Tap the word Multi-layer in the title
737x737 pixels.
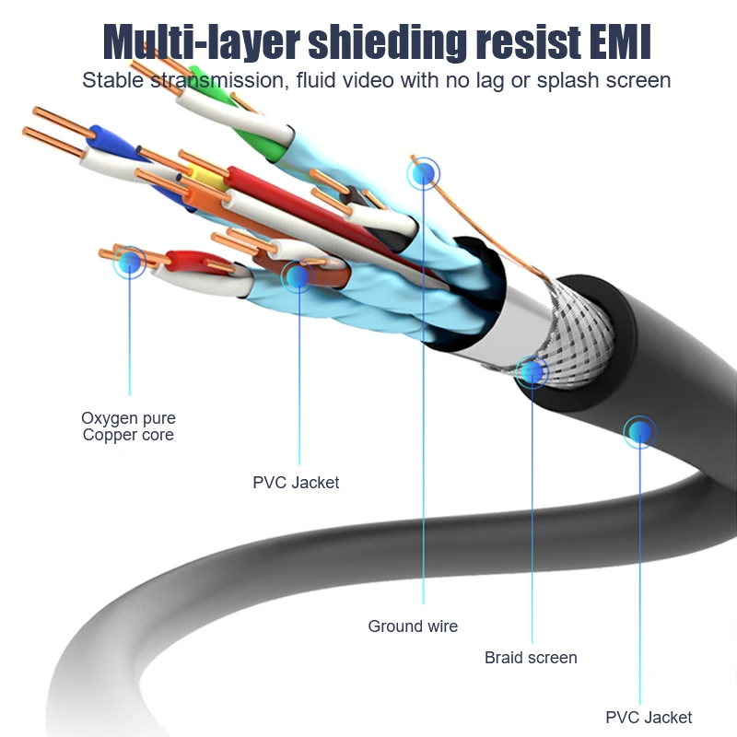[x=201, y=43]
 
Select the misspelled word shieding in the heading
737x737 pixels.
[x=388, y=43]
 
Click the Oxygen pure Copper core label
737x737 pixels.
[x=128, y=427]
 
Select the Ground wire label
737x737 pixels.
[x=413, y=626]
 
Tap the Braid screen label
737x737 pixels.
[x=531, y=658]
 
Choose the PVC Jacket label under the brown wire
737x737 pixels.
[x=296, y=482]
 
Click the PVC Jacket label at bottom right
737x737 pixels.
[x=649, y=718]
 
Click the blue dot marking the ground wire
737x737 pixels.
[x=424, y=174]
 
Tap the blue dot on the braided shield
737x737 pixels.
[x=532, y=372]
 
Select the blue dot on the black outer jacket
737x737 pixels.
[x=639, y=432]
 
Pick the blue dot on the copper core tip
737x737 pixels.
[x=130, y=262]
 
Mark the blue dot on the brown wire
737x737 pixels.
[x=298, y=276]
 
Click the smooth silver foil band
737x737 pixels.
[x=517, y=324]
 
